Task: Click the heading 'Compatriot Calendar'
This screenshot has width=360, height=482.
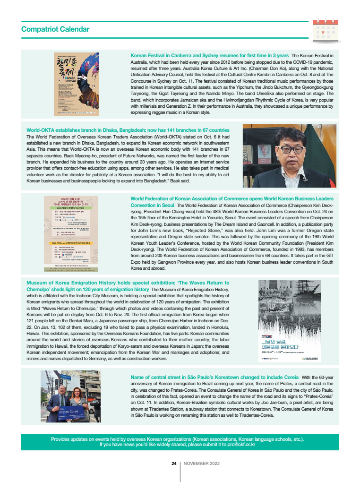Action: pos(55,29)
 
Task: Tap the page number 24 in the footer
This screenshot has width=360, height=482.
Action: pos(173,464)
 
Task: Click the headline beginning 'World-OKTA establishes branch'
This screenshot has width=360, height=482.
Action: pos(128,130)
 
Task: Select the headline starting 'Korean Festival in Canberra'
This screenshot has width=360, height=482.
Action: pos(209,56)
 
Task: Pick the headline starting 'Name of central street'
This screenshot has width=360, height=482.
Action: pos(214,377)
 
